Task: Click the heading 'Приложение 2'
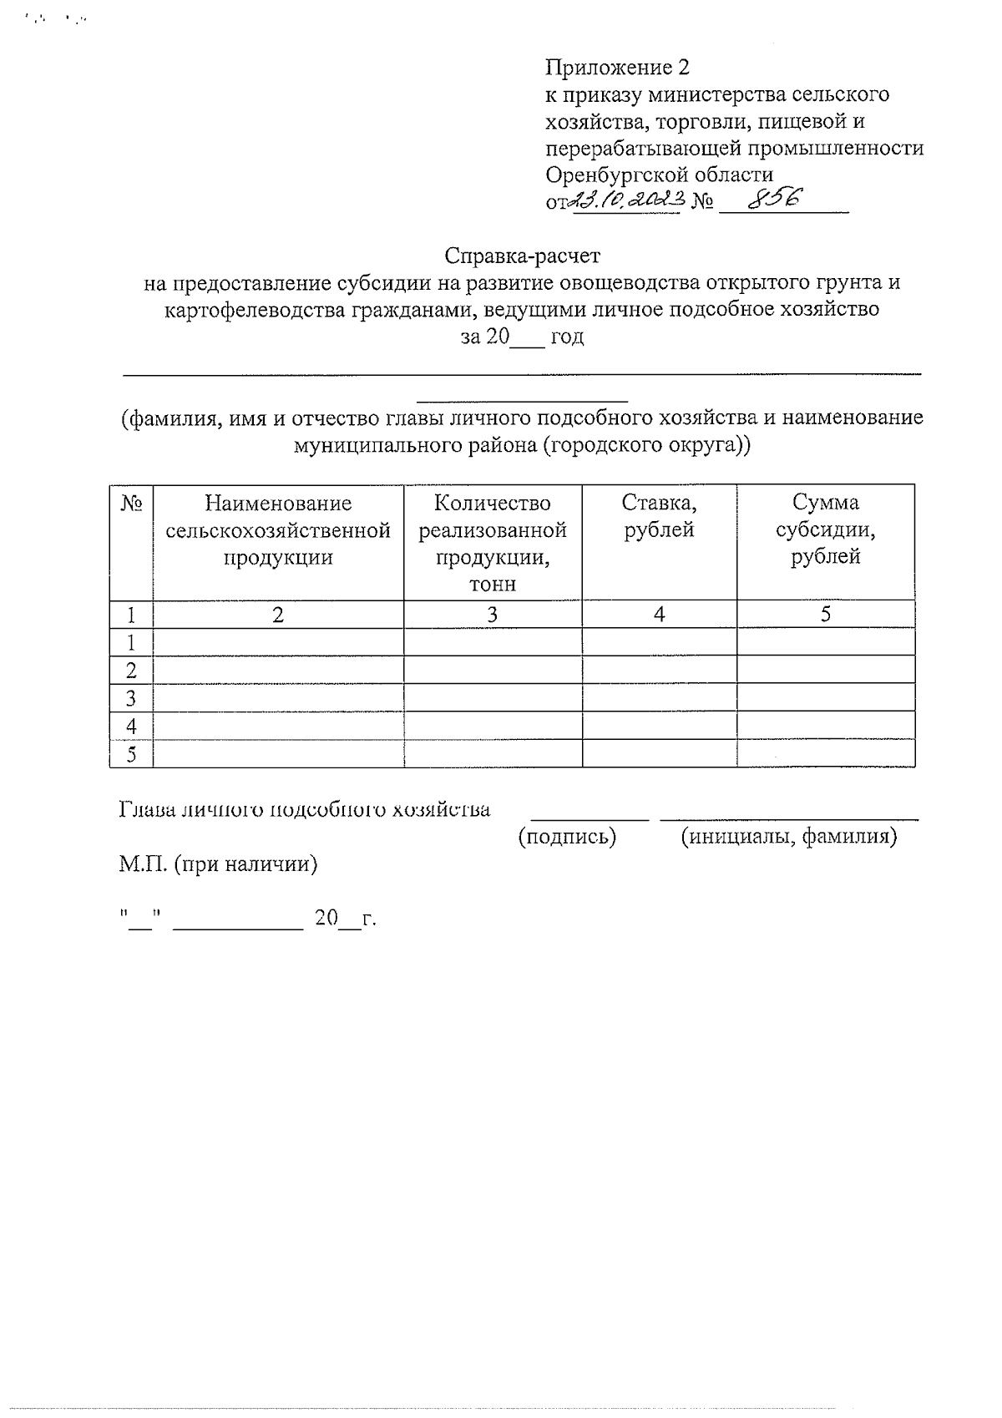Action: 617,67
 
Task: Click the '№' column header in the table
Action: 132,504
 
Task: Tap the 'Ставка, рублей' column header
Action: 659,516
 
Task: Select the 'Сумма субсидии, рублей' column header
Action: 825,529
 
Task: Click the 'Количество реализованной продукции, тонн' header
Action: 492,543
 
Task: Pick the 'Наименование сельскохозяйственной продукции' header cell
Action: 278,529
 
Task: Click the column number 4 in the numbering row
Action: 659,615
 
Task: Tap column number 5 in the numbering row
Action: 825,615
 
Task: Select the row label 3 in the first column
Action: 131,698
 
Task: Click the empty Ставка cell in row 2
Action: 659,670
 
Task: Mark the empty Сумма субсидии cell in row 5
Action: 825,754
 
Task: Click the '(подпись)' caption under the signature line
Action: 567,837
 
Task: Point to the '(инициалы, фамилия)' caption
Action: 788,837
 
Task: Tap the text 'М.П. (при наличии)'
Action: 218,863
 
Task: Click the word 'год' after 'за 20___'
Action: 567,337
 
